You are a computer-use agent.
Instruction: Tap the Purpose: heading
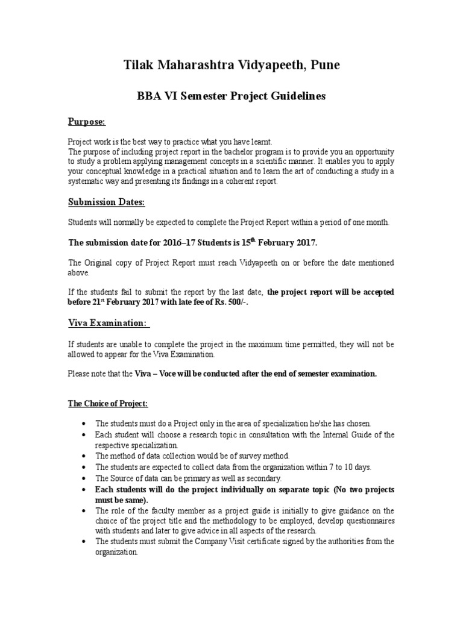[86, 122]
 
